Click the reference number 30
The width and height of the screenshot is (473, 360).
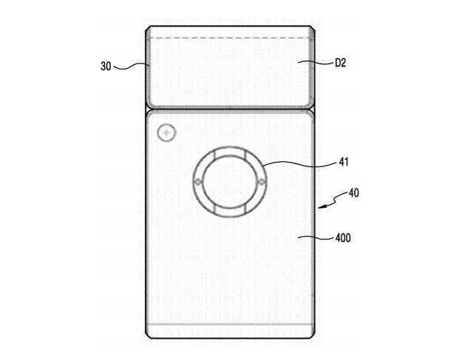pos(106,66)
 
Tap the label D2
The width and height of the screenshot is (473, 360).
pos(341,63)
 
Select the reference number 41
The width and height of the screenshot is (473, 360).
pos(344,162)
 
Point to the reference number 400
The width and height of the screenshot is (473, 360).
pos(343,238)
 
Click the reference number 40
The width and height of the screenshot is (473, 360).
pos(354,193)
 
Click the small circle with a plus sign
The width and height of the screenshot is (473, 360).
pos(166,132)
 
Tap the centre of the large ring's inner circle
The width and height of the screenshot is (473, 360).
pos(230,182)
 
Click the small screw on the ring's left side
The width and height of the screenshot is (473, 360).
pos(198,182)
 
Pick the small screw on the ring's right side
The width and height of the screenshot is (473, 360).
pos(262,182)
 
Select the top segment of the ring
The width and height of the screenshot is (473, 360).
pos(230,152)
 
